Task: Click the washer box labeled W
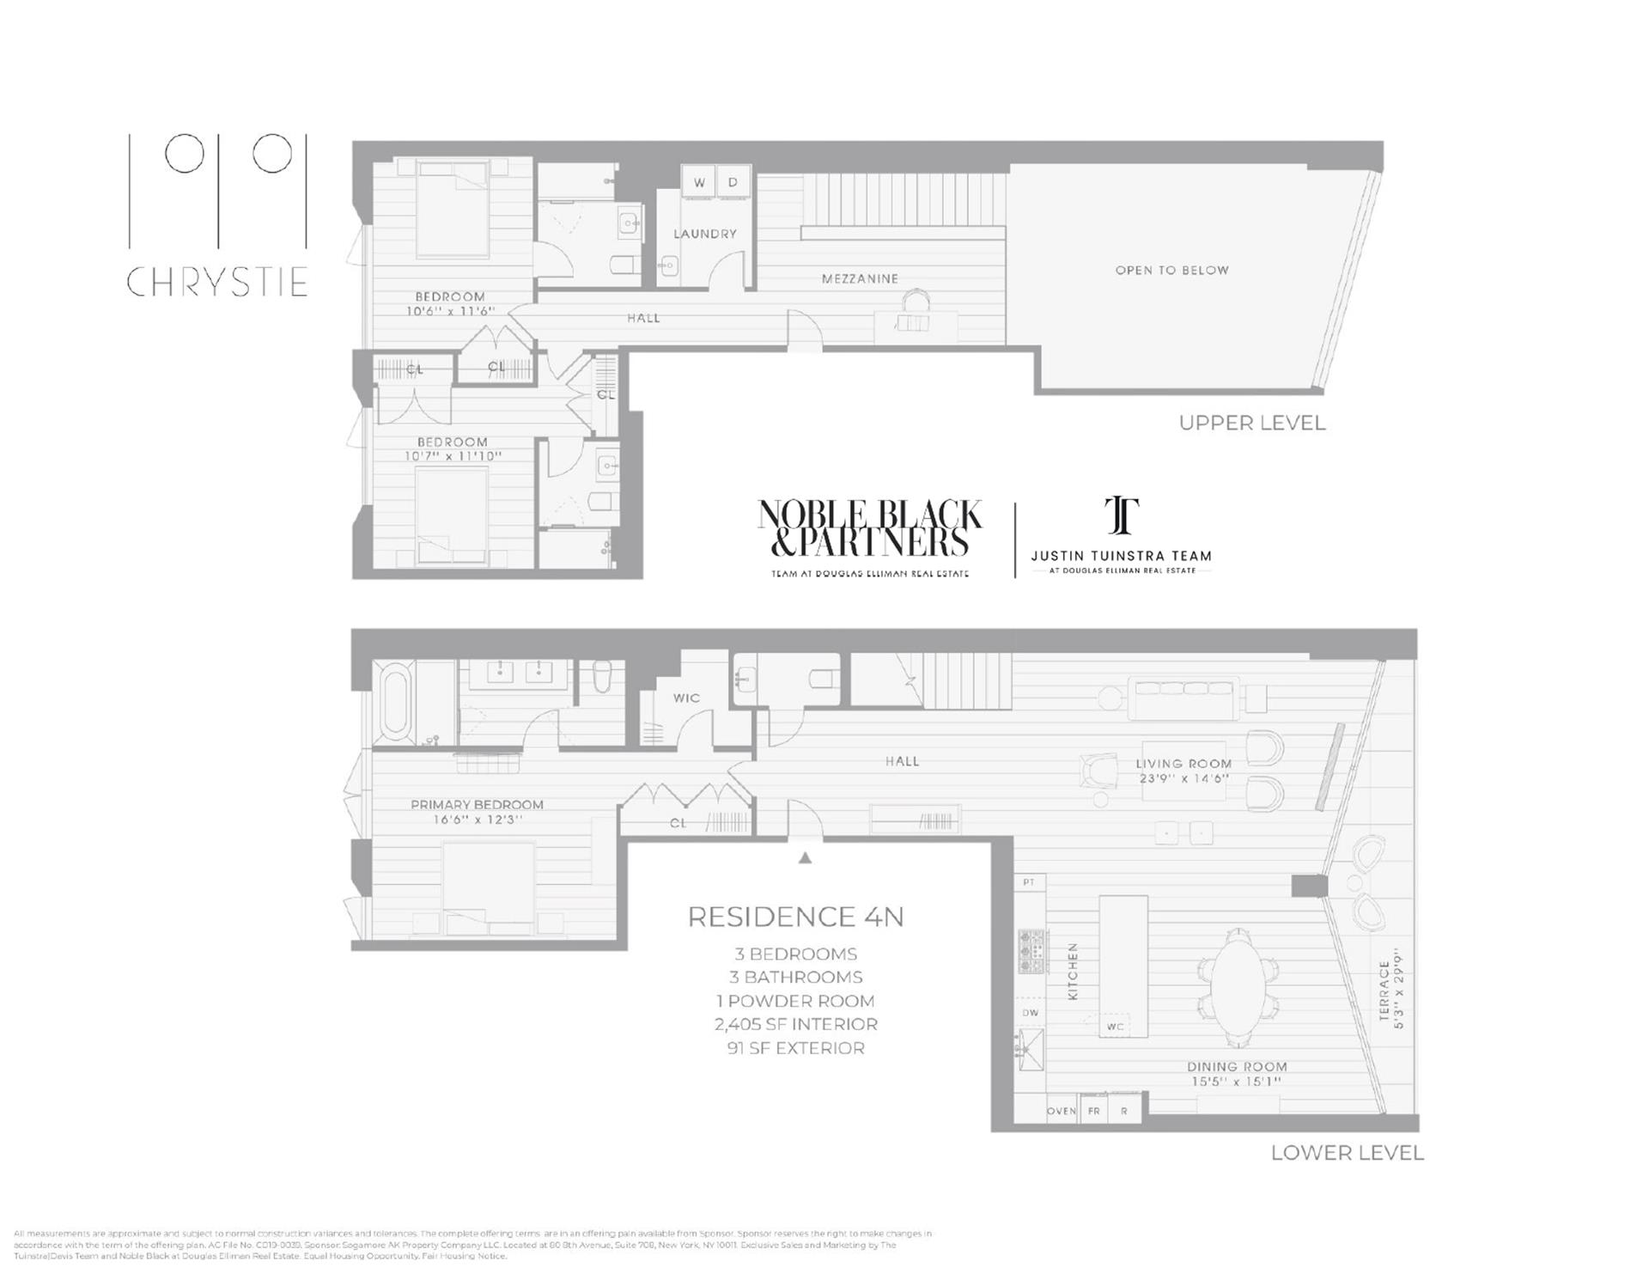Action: pyautogui.click(x=699, y=182)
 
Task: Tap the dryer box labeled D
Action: pyautogui.click(x=733, y=182)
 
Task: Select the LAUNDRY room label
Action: pyautogui.click(x=704, y=234)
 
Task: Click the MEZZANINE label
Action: pyautogui.click(x=860, y=278)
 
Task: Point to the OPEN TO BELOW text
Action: pyautogui.click(x=1171, y=270)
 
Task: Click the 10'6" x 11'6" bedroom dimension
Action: pyautogui.click(x=450, y=311)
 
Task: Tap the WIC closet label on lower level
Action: pyautogui.click(x=686, y=698)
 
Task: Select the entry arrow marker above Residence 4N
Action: pyautogui.click(x=805, y=857)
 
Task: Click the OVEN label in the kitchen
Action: pyautogui.click(x=1062, y=1111)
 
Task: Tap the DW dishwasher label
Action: pyautogui.click(x=1030, y=1013)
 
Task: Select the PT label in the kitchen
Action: pyautogui.click(x=1029, y=882)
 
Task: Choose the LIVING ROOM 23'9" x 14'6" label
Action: pyautogui.click(x=1184, y=771)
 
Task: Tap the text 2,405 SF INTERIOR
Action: pyautogui.click(x=795, y=1024)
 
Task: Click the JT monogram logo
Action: pyautogui.click(x=1121, y=515)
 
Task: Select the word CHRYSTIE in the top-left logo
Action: pyautogui.click(x=217, y=282)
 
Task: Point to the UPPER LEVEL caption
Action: pyautogui.click(x=1251, y=423)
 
